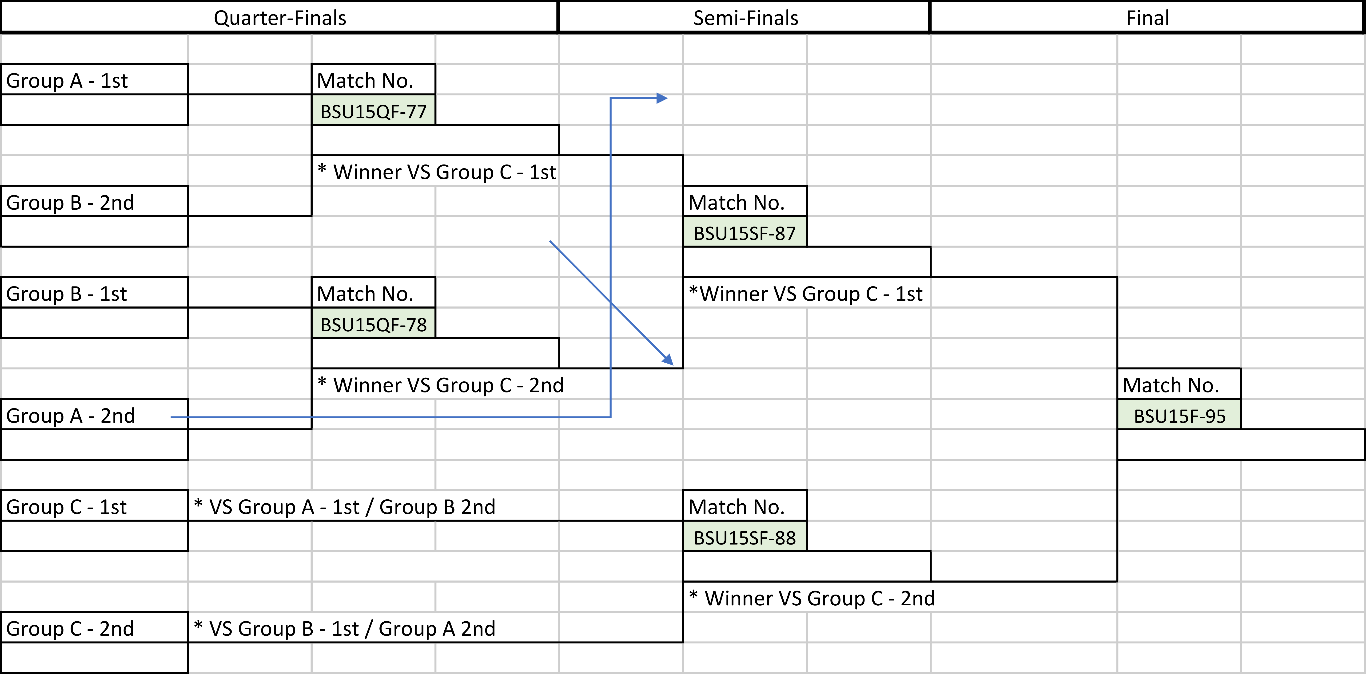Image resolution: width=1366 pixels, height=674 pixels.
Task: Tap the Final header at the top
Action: pos(1147,17)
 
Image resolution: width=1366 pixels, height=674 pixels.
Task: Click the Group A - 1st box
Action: pos(94,80)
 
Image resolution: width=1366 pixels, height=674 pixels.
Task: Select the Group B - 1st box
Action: pos(94,293)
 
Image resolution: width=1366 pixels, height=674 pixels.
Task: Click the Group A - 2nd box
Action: pos(94,415)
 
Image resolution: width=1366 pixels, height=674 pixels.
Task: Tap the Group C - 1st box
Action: pos(94,506)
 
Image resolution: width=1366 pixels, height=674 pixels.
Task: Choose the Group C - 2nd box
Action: pos(94,628)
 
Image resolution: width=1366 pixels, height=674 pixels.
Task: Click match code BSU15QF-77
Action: pos(373,111)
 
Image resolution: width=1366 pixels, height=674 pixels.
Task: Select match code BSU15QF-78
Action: pos(373,324)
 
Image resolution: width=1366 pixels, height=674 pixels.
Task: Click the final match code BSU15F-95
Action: pos(1179,416)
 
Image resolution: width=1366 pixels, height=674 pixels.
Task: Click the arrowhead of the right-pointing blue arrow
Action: pos(662,98)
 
